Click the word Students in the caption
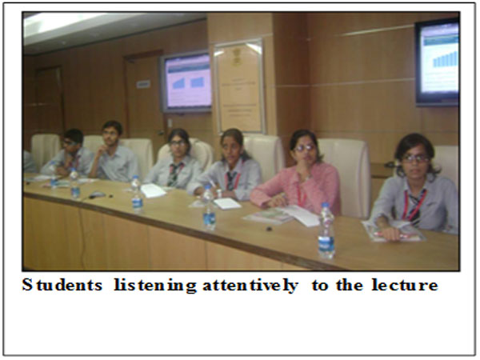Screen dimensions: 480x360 point(62,286)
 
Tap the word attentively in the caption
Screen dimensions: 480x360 point(250,286)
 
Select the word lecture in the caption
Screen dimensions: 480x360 point(405,286)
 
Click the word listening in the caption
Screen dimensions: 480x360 point(155,286)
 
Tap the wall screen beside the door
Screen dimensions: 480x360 point(186,82)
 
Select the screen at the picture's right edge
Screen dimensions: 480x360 point(437,62)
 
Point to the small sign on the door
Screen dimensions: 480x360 point(143,84)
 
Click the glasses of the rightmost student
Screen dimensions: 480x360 point(415,158)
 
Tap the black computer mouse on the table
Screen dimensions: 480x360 point(97,194)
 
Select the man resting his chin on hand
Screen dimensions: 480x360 point(114,151)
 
